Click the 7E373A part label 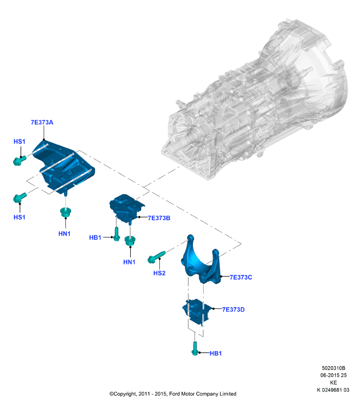42,122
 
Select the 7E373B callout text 159,218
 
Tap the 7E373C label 241,277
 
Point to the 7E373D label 233,310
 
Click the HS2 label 159,273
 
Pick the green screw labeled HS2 157,257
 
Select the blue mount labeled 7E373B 126,208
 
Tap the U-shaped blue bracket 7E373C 201,261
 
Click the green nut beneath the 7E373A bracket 65,213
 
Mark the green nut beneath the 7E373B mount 130,241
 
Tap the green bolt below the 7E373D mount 195,349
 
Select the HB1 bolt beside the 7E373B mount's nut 117,234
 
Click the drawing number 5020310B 334,368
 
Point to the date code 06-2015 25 334,375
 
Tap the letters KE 334,383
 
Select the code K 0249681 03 333,390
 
